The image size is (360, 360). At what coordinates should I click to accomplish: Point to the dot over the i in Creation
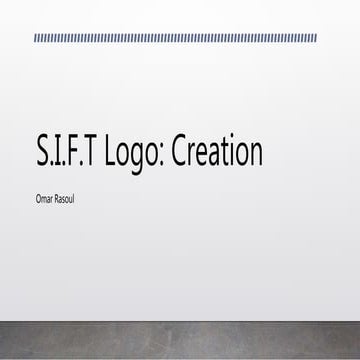230,141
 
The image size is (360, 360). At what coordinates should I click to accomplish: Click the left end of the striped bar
36,38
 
